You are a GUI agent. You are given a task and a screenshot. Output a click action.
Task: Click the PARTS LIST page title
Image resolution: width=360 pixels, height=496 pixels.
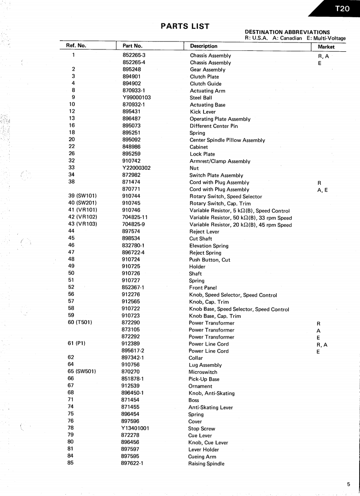[185, 26]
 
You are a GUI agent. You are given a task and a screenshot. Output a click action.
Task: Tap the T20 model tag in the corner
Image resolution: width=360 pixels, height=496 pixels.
[342, 8]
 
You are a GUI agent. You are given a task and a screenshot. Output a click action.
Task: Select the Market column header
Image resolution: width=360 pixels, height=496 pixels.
[326, 46]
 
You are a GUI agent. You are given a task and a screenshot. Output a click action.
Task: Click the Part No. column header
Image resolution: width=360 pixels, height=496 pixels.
[132, 46]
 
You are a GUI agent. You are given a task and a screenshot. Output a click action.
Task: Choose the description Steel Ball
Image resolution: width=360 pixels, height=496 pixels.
[201, 98]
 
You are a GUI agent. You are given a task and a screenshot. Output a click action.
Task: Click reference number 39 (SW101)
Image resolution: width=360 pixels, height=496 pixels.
[82, 196]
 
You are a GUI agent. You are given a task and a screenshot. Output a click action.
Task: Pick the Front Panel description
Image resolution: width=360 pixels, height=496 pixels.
[203, 288]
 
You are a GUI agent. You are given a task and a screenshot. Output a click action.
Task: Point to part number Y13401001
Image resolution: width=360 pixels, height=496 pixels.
[135, 428]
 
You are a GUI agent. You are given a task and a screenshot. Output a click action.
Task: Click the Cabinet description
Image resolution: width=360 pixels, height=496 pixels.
[199, 147]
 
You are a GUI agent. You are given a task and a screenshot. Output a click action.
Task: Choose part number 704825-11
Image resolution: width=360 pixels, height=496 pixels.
[134, 217]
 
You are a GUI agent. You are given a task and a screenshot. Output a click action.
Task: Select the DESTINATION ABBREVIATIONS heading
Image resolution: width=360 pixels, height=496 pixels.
[287, 32]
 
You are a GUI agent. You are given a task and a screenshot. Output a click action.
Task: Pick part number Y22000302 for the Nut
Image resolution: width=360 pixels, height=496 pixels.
[136, 168]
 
